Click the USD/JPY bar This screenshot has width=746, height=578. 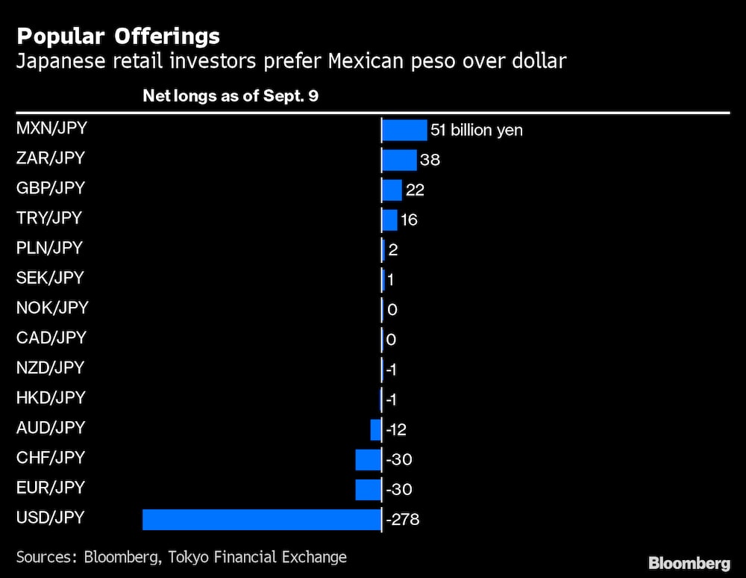click(x=261, y=520)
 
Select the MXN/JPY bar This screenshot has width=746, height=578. click(x=404, y=130)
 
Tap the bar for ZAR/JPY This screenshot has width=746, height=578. click(x=399, y=160)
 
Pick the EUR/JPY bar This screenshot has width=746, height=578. click(x=368, y=490)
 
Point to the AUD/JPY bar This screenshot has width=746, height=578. click(x=375, y=429)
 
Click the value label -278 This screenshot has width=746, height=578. click(x=403, y=520)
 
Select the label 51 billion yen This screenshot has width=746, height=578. click(x=476, y=131)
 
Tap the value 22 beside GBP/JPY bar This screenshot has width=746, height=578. click(x=415, y=190)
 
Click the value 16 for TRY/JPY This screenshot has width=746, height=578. click(x=409, y=220)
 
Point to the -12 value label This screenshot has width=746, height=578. click(x=396, y=430)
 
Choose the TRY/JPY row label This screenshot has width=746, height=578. click(x=49, y=218)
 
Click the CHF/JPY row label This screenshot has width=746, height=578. click(x=51, y=457)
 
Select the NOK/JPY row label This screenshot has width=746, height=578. click(x=52, y=308)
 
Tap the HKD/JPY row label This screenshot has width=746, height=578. click(x=51, y=397)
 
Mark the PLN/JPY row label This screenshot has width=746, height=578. click(x=49, y=248)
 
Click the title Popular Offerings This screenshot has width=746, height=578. click(x=118, y=36)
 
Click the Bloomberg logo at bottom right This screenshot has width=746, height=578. click(x=689, y=563)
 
